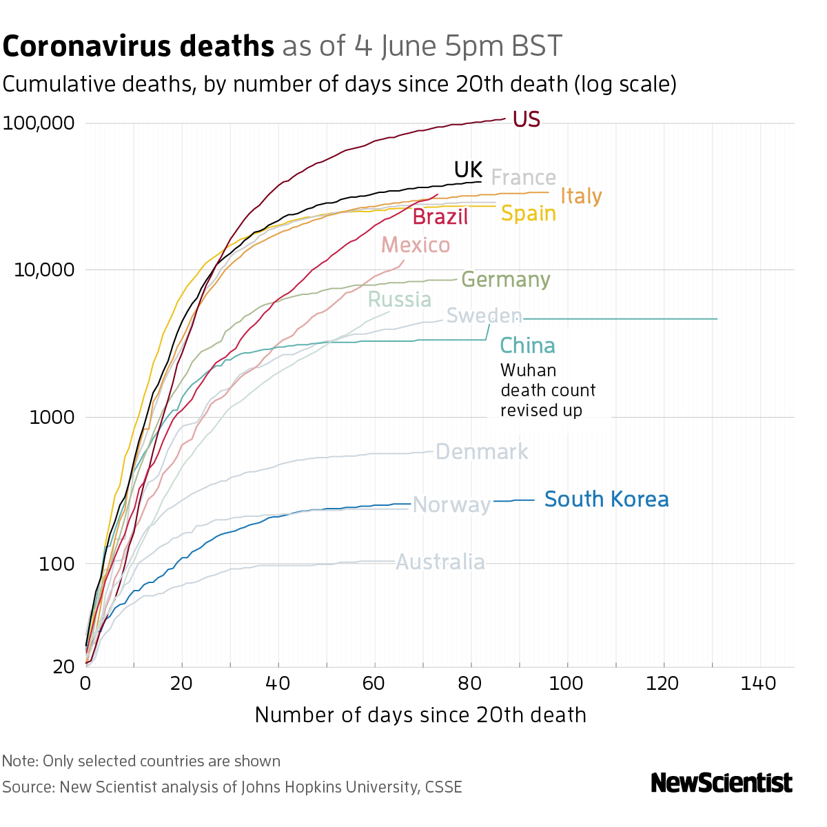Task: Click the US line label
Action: (527, 120)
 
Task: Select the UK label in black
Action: (467, 170)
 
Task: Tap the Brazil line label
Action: (440, 217)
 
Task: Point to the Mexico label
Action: (416, 245)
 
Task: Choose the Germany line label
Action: (505, 280)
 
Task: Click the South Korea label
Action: (606, 499)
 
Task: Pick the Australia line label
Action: (440, 562)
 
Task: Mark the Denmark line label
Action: (482, 452)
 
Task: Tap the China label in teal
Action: (527, 345)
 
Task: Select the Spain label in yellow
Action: (528, 214)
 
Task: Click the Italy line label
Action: (581, 196)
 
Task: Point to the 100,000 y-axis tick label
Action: (39, 124)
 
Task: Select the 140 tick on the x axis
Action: (759, 684)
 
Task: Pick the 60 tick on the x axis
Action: (374, 684)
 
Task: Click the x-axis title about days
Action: (420, 715)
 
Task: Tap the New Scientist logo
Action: (722, 783)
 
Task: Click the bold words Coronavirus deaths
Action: (139, 47)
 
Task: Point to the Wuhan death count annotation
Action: (547, 390)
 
